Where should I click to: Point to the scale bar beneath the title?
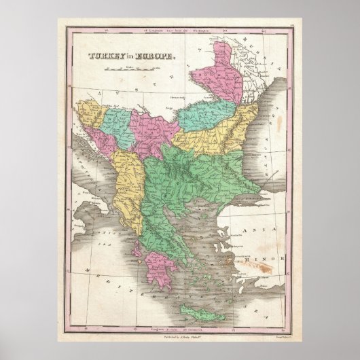[126, 71]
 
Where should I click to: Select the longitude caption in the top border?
[179, 31]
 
